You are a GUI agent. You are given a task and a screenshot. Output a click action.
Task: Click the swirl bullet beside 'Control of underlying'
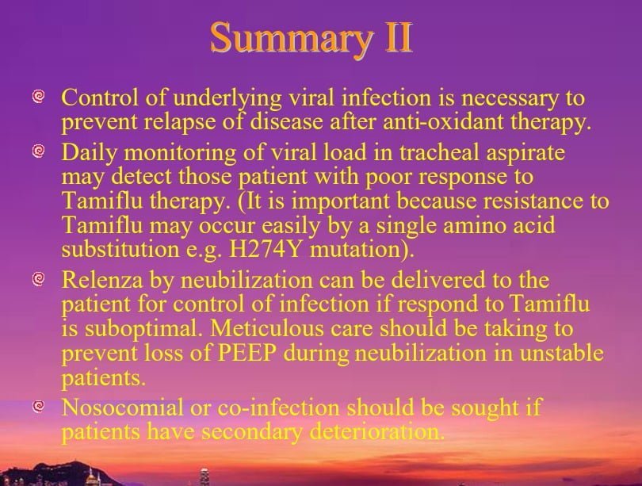click(38, 97)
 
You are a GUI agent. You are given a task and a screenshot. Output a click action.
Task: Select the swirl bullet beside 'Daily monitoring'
click(38, 151)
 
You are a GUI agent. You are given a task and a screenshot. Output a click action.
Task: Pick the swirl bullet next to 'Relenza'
click(38, 279)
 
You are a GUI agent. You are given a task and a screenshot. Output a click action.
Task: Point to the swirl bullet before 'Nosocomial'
click(38, 406)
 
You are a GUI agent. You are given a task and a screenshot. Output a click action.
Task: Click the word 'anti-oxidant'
click(442, 121)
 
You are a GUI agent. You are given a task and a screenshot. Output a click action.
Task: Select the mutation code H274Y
click(266, 250)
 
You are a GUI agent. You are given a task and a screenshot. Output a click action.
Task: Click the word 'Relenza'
click(102, 280)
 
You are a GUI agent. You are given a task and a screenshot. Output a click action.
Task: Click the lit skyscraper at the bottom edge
click(204, 477)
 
